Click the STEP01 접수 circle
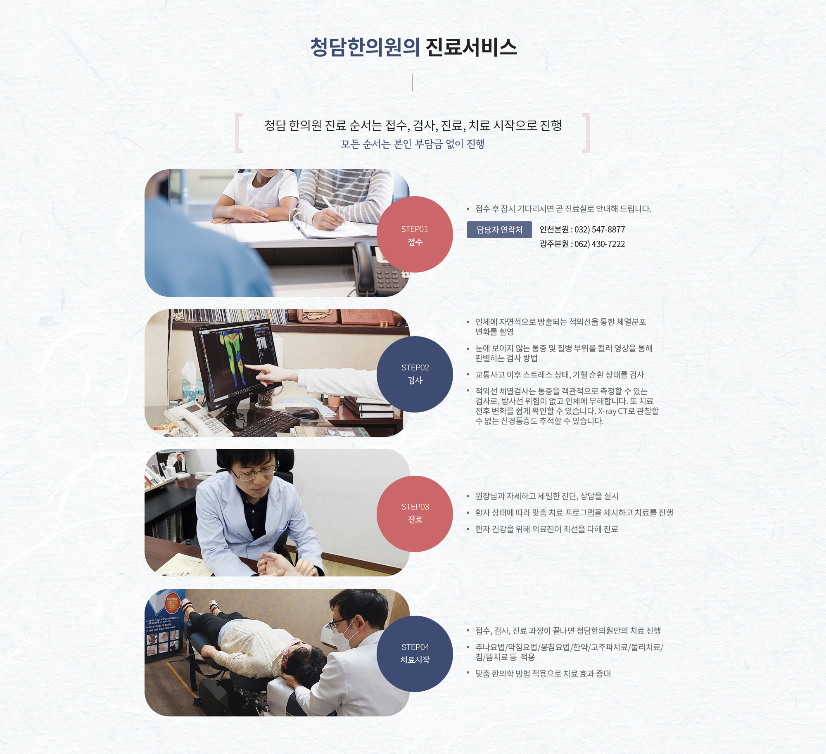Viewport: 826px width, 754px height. point(415,234)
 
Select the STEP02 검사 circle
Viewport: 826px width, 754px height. point(415,374)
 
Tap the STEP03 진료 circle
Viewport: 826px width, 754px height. point(415,514)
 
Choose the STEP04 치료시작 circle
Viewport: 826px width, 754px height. point(415,654)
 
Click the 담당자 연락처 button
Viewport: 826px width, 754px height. point(499,230)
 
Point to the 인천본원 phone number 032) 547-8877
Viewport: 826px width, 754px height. point(600,230)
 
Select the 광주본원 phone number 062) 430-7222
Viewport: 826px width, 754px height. point(600,244)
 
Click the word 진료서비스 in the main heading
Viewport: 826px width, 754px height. point(471,47)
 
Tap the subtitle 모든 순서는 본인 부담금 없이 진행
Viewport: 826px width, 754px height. point(413,144)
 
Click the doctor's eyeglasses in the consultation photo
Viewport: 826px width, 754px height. point(255,472)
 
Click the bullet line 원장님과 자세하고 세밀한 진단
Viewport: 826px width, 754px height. point(547,496)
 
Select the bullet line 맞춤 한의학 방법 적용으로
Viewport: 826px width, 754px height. point(543,673)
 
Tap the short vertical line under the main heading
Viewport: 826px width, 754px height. point(413,83)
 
